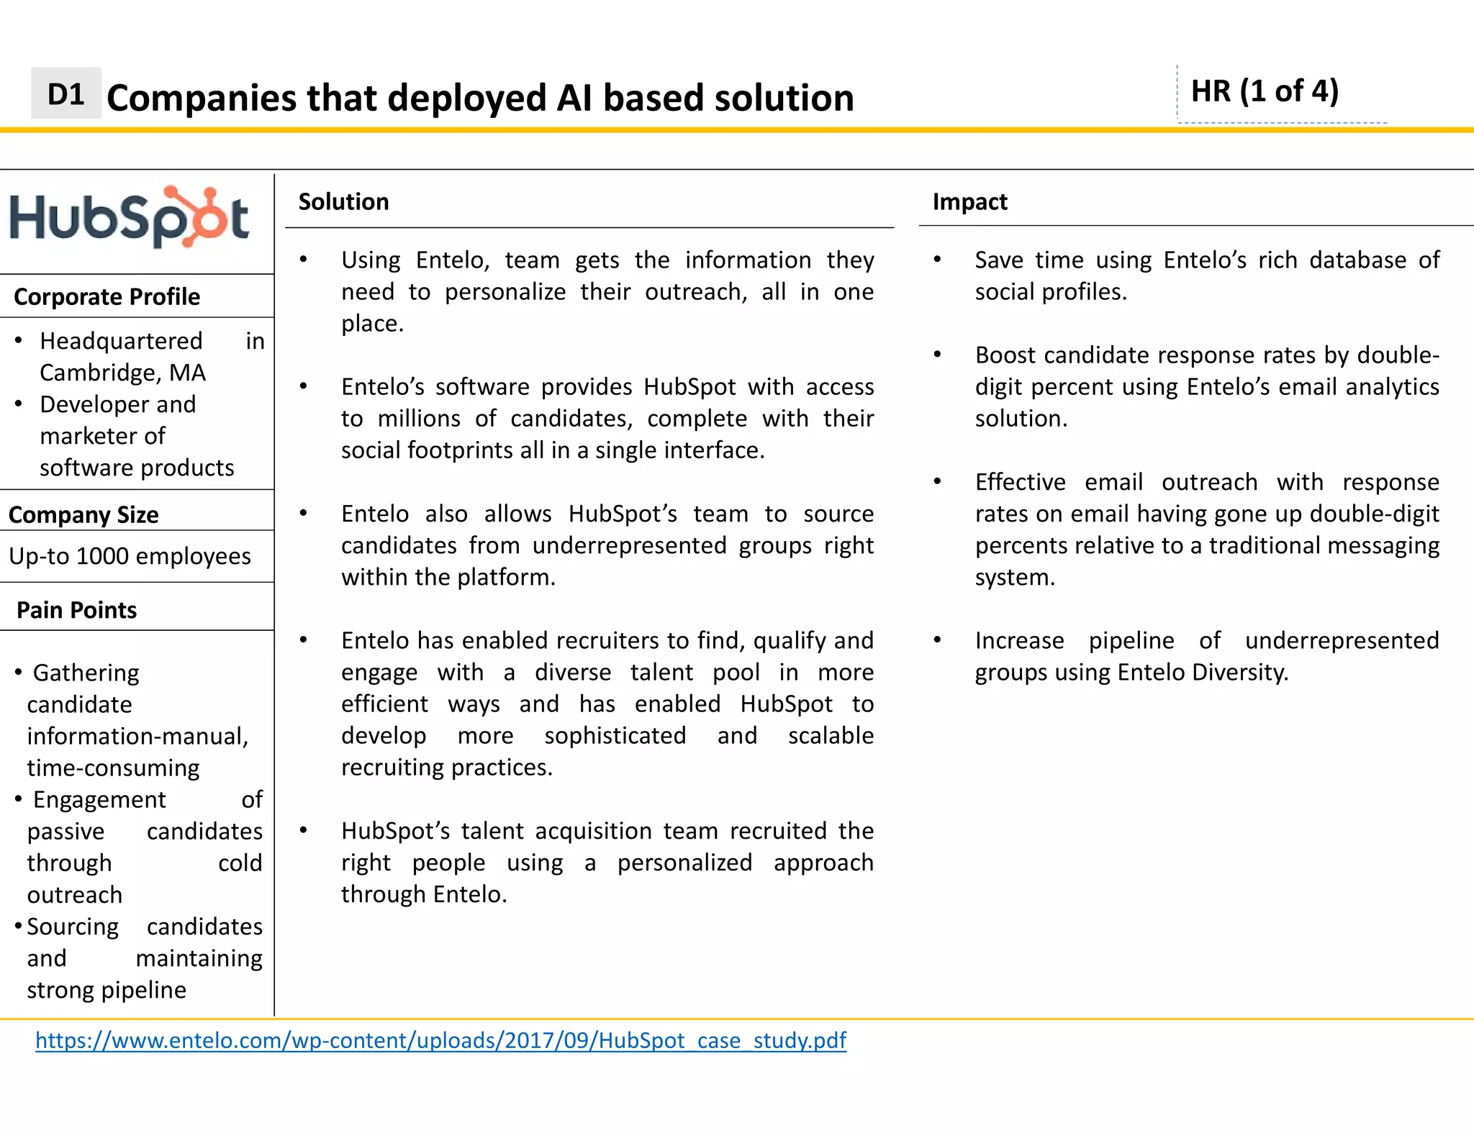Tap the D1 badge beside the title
click(x=65, y=94)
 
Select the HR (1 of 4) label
click(x=1265, y=91)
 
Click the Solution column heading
click(x=343, y=202)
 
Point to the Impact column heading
click(x=969, y=202)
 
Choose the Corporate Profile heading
click(x=107, y=297)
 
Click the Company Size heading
click(x=83, y=515)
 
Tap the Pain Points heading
click(x=76, y=610)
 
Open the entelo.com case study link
click(x=440, y=1040)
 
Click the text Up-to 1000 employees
click(x=130, y=556)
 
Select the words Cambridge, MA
click(x=122, y=373)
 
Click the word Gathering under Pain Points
click(x=86, y=673)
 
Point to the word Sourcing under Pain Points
click(x=73, y=927)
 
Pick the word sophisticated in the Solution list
click(x=615, y=736)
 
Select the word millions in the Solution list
click(x=419, y=419)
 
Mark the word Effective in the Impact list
click(x=1020, y=482)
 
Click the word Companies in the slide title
click(x=201, y=98)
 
